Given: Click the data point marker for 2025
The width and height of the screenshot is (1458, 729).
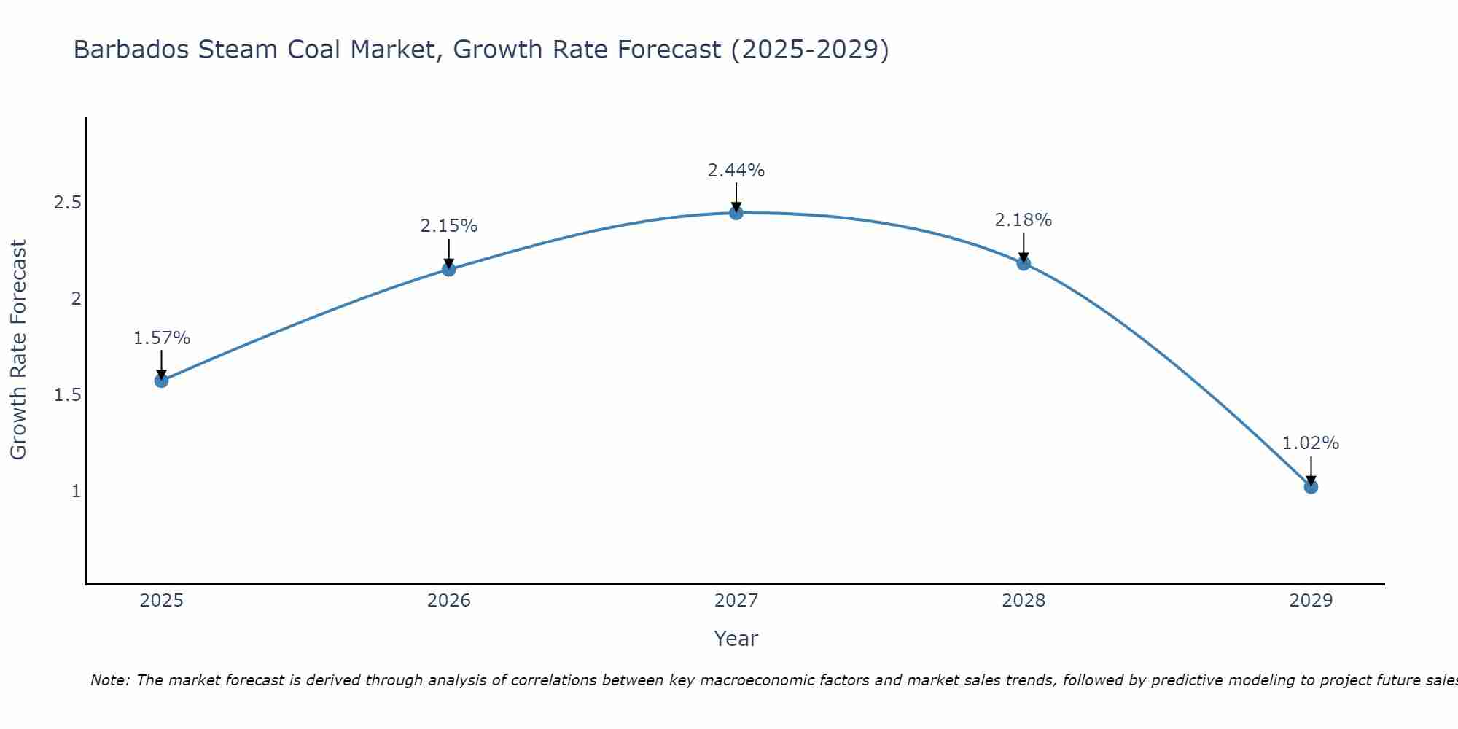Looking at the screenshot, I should point(162,381).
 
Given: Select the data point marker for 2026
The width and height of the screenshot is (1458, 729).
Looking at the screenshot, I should point(449,270).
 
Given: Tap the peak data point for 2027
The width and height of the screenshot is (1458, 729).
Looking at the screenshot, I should point(736,213).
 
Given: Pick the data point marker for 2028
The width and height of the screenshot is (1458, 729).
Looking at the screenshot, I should point(1024,263).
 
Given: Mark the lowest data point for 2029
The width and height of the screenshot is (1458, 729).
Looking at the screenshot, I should point(1311,486).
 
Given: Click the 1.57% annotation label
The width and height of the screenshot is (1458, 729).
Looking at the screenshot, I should point(162,338).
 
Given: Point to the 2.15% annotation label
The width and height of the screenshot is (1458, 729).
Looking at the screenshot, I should point(449,226).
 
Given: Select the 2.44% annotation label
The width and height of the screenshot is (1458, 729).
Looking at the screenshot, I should point(736,171).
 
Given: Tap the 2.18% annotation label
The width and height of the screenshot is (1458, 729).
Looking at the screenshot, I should point(1024,220).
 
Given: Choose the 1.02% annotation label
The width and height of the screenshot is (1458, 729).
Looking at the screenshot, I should point(1311,443).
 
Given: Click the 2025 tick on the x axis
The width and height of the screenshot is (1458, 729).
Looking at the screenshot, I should point(162,601).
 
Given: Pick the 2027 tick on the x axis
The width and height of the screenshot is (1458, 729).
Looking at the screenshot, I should point(736,601).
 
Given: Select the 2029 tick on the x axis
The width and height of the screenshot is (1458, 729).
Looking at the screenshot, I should point(1311,601).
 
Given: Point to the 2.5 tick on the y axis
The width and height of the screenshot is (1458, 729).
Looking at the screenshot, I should point(67,203).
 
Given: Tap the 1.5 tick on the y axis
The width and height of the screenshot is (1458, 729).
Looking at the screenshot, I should point(67,395).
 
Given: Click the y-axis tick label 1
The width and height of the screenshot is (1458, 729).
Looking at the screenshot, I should point(76,491).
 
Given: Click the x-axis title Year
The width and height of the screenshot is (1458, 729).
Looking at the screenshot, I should point(736,639).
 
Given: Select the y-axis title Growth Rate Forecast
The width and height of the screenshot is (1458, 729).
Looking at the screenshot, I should point(19,350).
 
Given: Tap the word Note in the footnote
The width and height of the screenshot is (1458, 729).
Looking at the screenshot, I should point(109,680).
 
